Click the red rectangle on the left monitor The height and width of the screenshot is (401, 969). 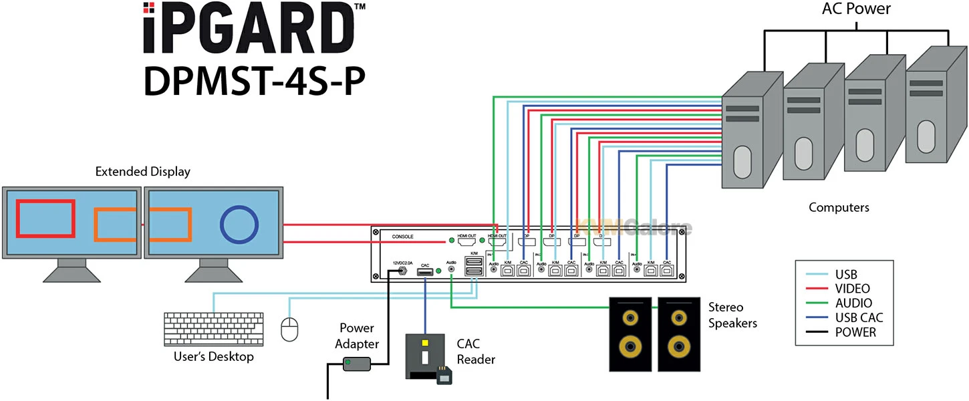[x=45, y=218]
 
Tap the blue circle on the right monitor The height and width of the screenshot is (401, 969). [x=239, y=225]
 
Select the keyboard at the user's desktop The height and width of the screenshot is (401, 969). [x=213, y=330]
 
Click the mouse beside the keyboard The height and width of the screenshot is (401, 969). [x=289, y=329]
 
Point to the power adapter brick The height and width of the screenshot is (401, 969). [x=357, y=364]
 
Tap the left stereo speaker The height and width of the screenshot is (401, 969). [x=630, y=334]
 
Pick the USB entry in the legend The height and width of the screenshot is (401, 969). [x=845, y=274]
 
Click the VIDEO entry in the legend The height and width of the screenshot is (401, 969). [x=852, y=289]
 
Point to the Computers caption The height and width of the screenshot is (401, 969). [x=839, y=207]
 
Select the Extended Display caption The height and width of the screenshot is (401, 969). [x=142, y=172]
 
